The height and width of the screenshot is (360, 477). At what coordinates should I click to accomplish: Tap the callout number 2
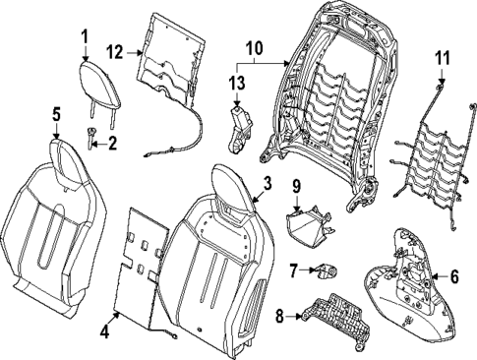pyautogui.click(x=112, y=144)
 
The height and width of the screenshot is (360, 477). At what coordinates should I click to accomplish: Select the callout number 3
pyautogui.click(x=267, y=184)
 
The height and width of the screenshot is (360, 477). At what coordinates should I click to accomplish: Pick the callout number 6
pyautogui.click(x=453, y=278)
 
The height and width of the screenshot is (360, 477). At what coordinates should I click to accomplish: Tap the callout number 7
pyautogui.click(x=293, y=270)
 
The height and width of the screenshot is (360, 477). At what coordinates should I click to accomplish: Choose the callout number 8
pyautogui.click(x=279, y=318)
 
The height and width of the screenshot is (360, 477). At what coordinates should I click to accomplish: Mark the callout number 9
pyautogui.click(x=295, y=186)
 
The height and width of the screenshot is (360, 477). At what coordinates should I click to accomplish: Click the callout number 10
pyautogui.click(x=255, y=47)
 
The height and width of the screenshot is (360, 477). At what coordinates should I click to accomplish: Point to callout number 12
pyautogui.click(x=115, y=50)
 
